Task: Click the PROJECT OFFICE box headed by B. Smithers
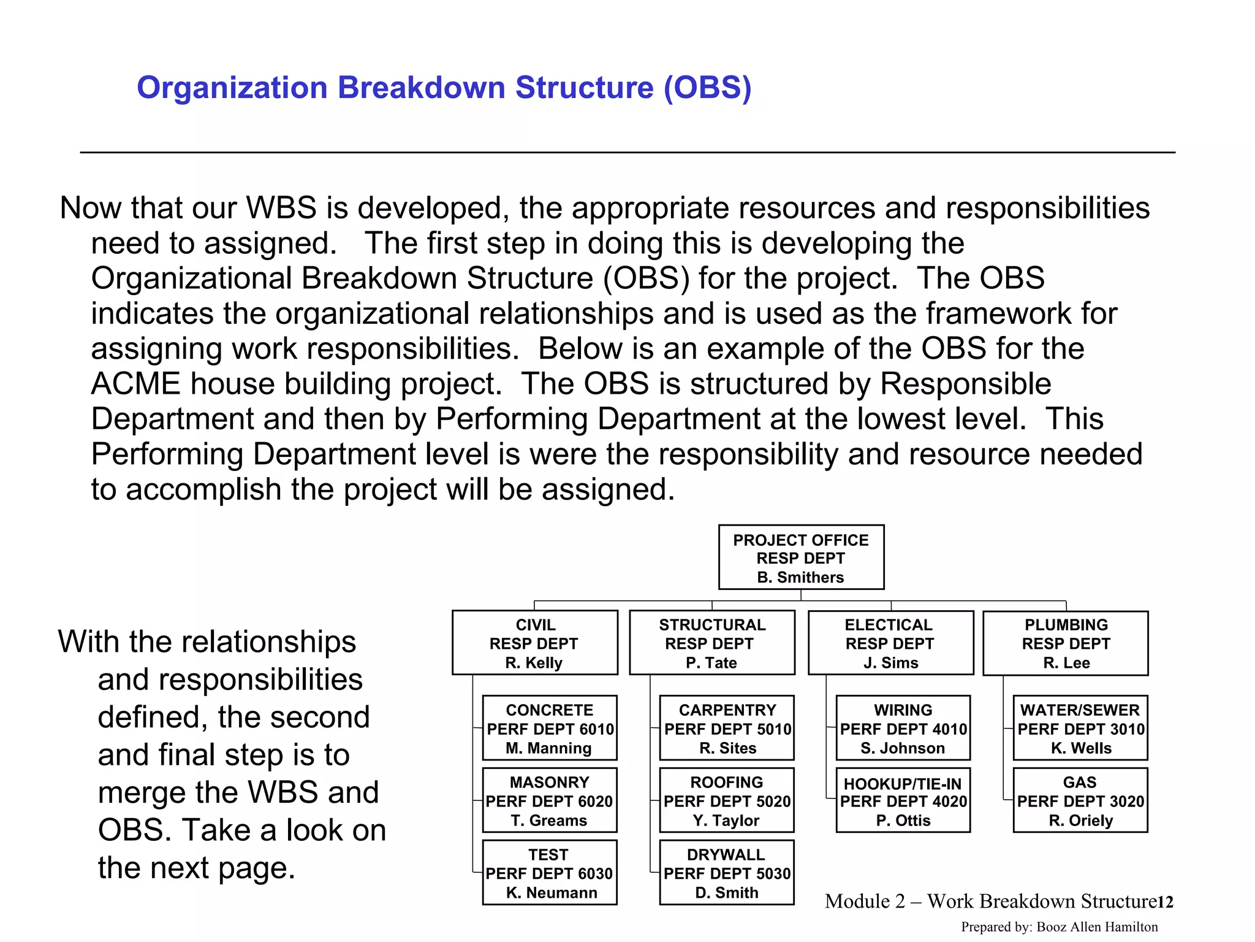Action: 801,557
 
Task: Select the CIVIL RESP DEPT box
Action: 534,643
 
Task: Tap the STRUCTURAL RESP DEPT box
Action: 712,643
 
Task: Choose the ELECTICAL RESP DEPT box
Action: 890,643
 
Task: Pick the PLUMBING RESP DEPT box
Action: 1066,643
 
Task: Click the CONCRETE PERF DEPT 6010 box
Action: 550,728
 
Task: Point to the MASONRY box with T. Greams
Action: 550,800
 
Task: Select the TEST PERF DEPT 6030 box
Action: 550,873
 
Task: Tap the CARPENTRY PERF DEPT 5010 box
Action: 727,728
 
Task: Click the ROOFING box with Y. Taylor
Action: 727,800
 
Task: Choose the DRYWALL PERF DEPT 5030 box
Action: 727,873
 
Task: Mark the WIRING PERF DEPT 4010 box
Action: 903,728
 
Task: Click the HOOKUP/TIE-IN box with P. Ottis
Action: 903,800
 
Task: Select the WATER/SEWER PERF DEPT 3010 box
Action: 1080,728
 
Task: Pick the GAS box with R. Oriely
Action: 1080,800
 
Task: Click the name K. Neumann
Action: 552,892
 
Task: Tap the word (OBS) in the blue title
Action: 707,88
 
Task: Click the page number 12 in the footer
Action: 1165,902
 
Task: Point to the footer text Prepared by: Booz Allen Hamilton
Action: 1060,927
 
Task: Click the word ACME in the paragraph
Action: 135,385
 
